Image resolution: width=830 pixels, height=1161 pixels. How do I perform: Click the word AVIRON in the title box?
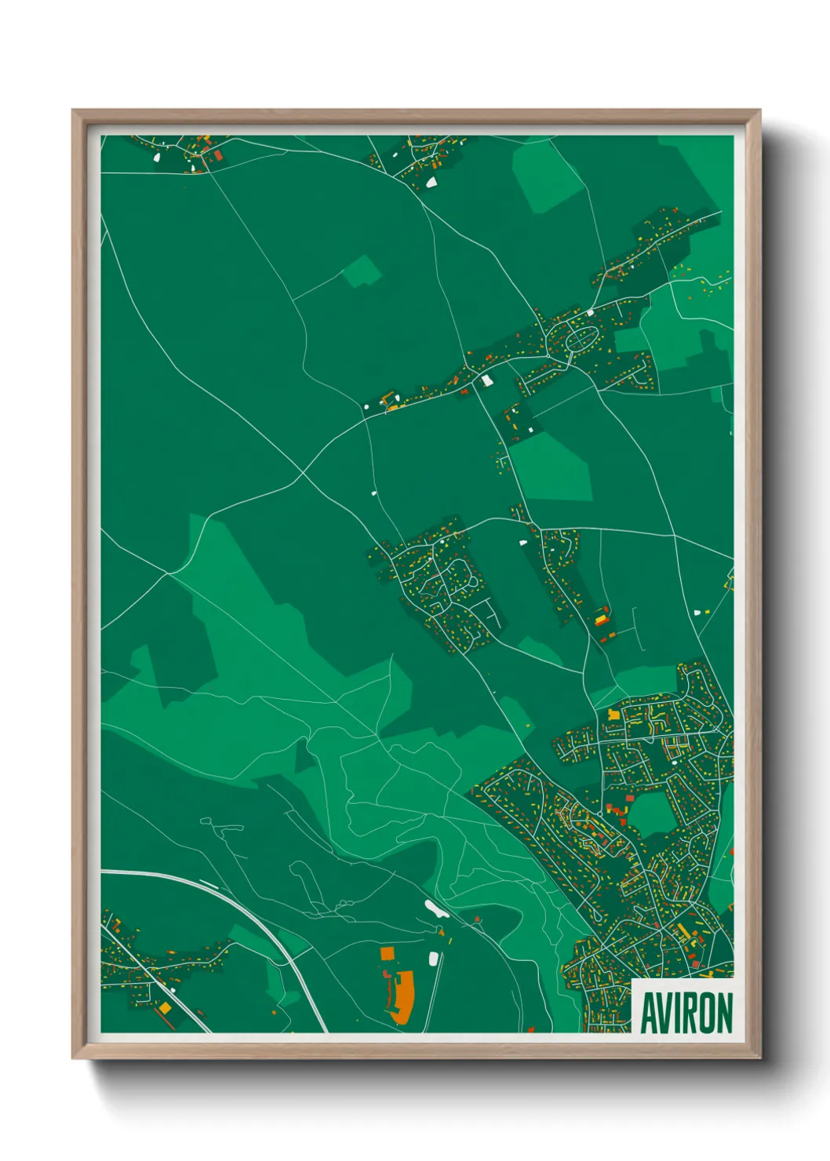686,1013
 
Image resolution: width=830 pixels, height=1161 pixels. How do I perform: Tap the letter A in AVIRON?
650,1013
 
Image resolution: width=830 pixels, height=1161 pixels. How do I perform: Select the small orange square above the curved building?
387,953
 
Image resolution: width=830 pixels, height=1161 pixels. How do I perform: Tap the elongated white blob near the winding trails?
433,909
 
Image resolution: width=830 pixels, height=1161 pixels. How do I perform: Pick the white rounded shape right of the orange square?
433,958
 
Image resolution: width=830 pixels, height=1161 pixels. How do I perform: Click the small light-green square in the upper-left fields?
362,271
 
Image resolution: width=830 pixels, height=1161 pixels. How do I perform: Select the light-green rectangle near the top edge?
548,177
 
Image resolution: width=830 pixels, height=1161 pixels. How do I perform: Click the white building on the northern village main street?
487,381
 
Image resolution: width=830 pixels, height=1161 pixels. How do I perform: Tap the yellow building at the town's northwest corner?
614,715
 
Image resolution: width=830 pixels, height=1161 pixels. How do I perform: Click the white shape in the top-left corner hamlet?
156,157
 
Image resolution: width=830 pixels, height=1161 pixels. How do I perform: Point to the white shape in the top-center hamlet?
431,182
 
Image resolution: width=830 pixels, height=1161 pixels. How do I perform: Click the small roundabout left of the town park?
600,815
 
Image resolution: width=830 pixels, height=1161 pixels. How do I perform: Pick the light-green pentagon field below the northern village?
552,468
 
